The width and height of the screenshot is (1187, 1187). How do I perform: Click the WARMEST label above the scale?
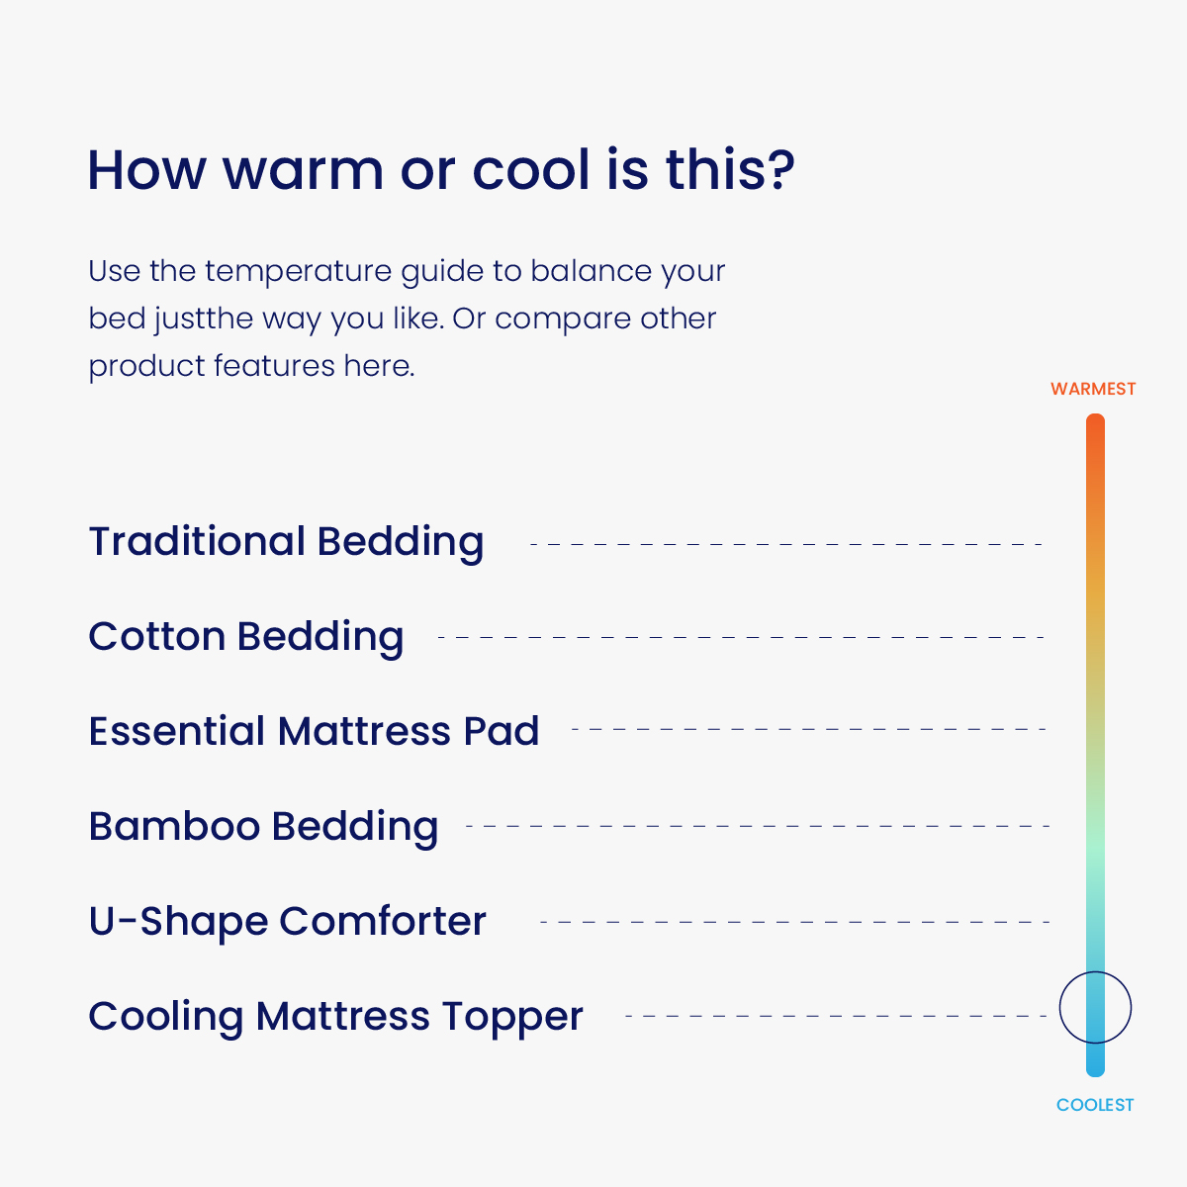(1093, 389)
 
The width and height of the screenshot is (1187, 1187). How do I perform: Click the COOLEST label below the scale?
(1095, 1105)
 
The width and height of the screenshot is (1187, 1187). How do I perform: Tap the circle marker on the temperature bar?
(1060, 1008)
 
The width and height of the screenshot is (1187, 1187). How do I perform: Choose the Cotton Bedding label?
(245, 638)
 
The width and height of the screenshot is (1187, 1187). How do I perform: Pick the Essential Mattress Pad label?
(314, 731)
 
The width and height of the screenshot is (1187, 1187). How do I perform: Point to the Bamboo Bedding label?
(263, 827)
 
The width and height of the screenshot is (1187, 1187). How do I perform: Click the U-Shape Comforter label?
(287, 922)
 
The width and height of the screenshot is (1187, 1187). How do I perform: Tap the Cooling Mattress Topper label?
(335, 1017)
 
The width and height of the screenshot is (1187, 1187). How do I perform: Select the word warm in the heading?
(303, 171)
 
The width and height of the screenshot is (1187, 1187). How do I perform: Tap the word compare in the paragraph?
(563, 320)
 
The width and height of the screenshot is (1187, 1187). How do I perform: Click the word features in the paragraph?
(274, 366)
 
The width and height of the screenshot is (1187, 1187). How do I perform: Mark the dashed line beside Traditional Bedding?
(786, 544)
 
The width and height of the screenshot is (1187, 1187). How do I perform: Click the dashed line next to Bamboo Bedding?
(758, 826)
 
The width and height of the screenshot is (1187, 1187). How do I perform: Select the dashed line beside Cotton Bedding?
(741, 638)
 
